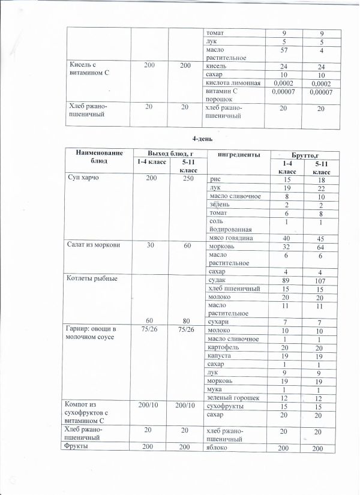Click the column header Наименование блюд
click(95, 158)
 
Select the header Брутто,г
click(301, 154)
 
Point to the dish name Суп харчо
click(85, 179)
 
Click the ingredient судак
click(217, 279)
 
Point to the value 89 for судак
click(287, 280)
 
